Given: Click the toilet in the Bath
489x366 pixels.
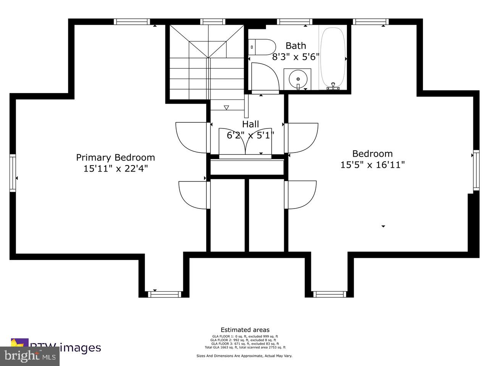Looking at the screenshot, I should [x=264, y=47].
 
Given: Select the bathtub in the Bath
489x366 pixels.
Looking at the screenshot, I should [x=332, y=57].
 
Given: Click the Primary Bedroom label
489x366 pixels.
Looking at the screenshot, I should [x=115, y=157].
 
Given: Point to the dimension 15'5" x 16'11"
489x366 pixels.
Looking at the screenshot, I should [x=372, y=165].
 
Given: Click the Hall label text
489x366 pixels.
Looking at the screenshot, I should [x=251, y=124].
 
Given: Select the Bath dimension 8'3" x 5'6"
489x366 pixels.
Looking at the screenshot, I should [x=296, y=57].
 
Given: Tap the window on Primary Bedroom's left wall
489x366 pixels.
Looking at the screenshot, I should [x=13, y=172].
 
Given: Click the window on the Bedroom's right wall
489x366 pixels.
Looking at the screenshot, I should [x=476, y=170].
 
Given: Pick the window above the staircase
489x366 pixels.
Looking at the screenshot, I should [x=212, y=22].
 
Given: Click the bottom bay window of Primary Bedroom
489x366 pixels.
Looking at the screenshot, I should [x=164, y=294].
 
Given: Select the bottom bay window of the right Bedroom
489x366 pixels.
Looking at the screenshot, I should [x=330, y=294].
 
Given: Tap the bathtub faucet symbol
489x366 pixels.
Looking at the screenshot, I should [x=334, y=87].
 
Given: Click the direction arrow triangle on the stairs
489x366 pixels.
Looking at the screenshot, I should [x=226, y=108].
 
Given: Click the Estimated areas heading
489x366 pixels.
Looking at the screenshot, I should [x=245, y=330].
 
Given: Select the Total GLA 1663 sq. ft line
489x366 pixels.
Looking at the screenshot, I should [x=245, y=347].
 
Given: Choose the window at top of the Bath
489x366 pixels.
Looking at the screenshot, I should [x=294, y=22].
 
